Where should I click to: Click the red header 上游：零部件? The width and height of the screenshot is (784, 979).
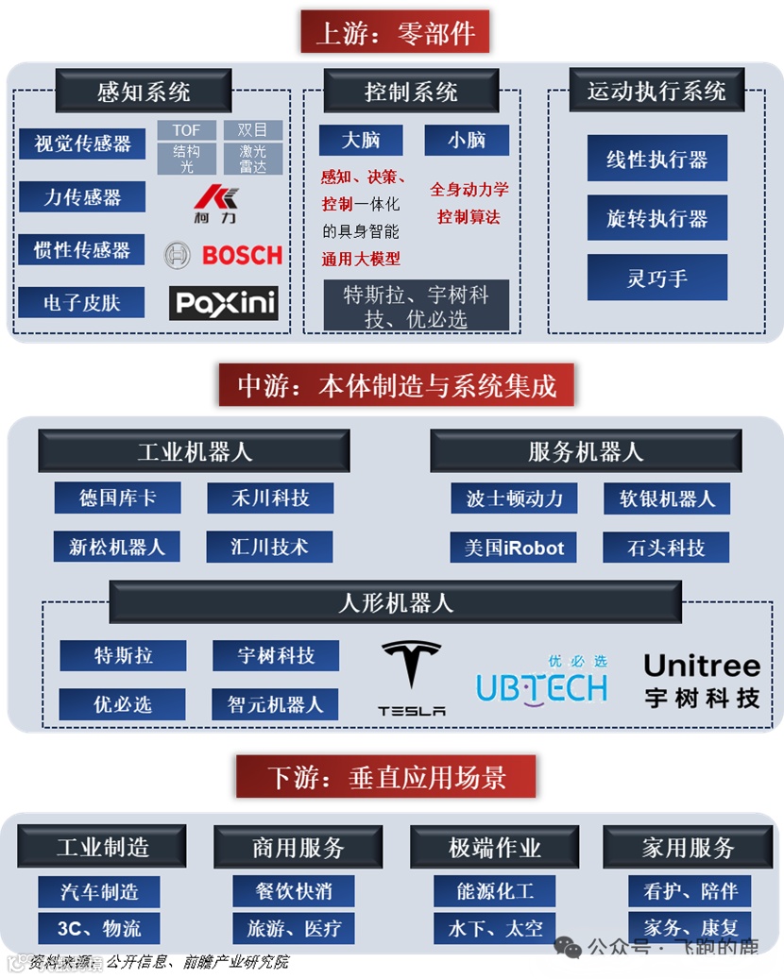point(395,32)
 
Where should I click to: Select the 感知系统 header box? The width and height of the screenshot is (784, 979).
point(144,92)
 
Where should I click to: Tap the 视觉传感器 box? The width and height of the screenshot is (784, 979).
point(82,143)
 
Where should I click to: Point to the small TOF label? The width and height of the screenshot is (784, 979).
point(187,130)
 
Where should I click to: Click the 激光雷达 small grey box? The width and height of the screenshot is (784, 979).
point(252,159)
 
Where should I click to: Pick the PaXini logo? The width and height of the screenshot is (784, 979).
point(224,303)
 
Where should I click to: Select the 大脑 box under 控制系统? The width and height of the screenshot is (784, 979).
point(361,140)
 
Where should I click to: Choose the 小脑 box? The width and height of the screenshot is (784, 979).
point(467,140)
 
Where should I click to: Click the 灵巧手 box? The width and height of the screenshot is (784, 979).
point(656,278)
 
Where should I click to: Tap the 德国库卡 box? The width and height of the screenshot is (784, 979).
point(117,498)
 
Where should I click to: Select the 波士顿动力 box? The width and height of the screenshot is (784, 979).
point(514,498)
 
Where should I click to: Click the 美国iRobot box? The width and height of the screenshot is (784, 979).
point(514,548)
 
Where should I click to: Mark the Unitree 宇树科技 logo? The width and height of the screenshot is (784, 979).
point(702,681)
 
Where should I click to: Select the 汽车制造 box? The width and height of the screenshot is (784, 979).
point(99,891)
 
